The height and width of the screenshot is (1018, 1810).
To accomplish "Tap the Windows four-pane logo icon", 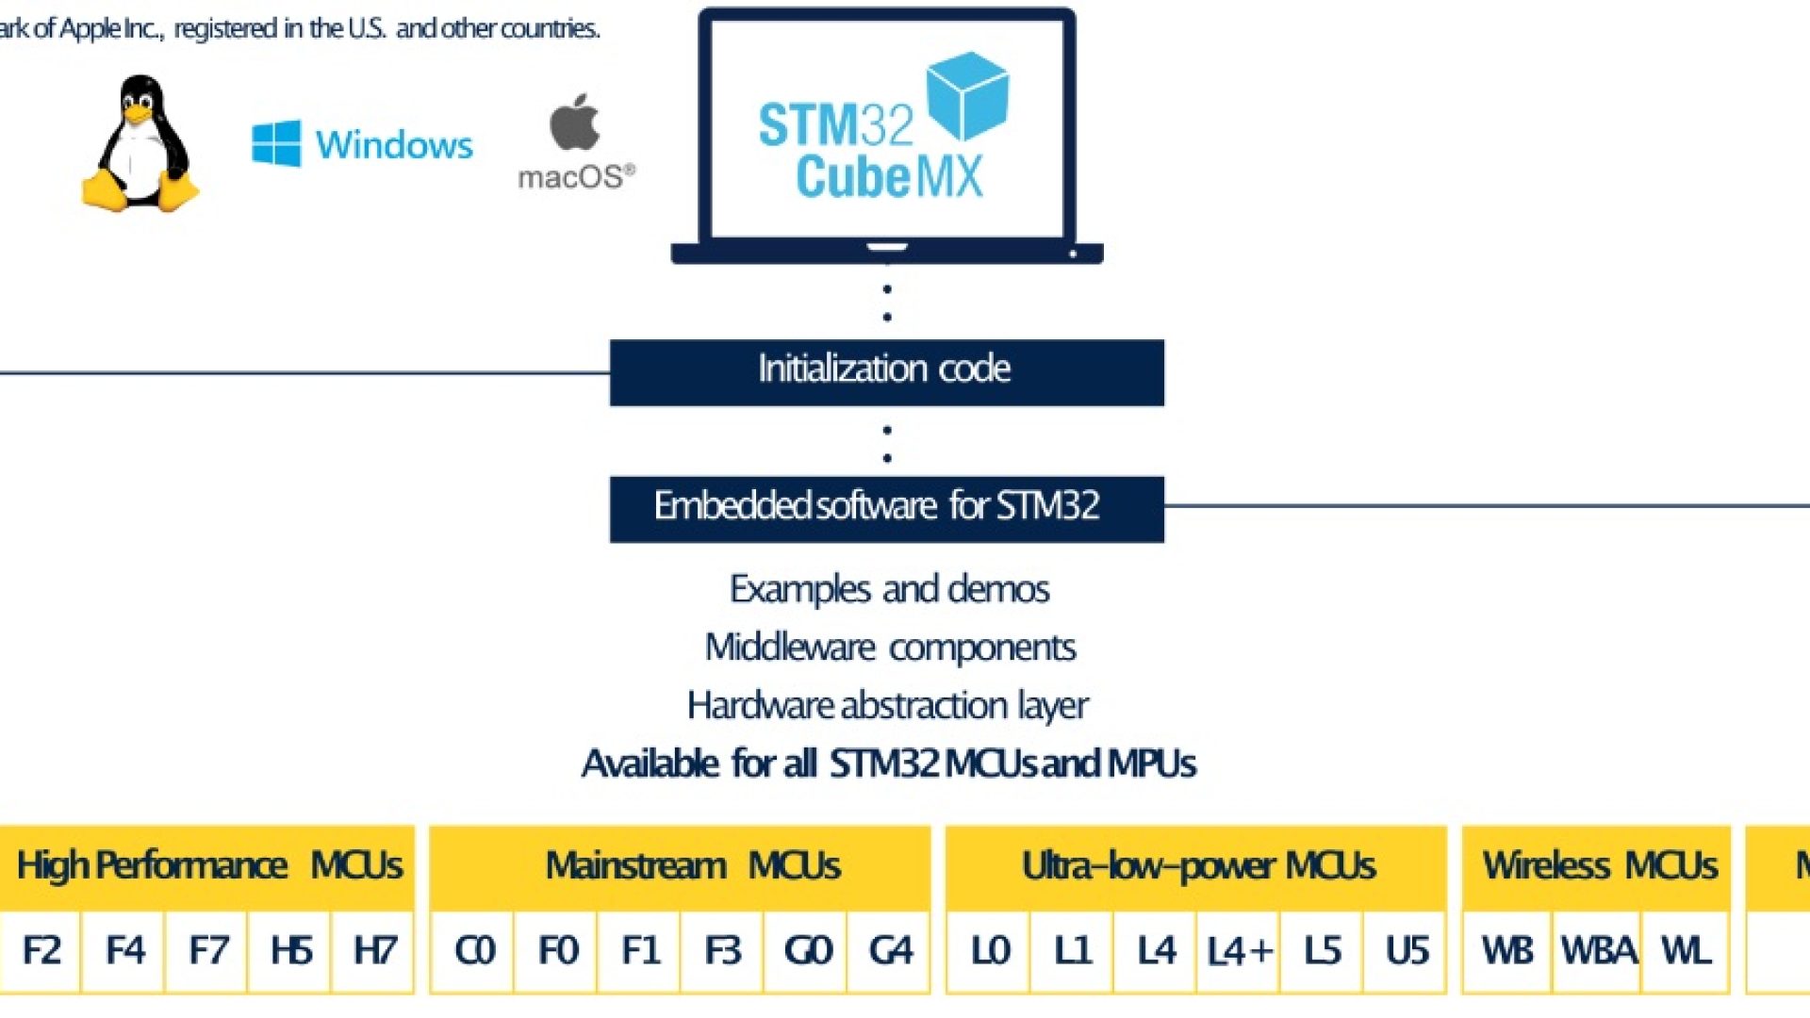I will click(x=276, y=143).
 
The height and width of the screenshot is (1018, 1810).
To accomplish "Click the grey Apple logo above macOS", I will click(x=574, y=123).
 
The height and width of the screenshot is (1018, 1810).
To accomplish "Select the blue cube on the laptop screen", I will click(x=967, y=95).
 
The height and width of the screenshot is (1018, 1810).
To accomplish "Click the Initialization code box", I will click(x=886, y=372).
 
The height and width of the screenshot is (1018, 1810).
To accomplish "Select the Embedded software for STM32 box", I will click(x=886, y=509).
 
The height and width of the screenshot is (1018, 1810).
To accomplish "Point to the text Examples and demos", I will click(x=889, y=589).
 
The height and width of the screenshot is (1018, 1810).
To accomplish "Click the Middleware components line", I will click(x=890, y=648).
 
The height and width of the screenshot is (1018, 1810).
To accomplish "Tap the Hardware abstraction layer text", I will click(x=887, y=705).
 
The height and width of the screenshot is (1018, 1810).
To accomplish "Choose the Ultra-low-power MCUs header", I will click(x=1196, y=865).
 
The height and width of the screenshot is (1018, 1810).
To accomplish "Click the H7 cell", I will click(x=373, y=950).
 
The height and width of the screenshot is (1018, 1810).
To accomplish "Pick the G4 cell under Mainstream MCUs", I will click(x=890, y=950).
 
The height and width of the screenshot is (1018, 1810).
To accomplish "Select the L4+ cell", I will click(x=1239, y=950).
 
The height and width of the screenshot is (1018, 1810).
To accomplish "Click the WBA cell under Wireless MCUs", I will click(x=1597, y=950).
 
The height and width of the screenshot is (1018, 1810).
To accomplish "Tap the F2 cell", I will click(x=41, y=950).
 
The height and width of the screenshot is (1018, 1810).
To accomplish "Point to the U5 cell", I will click(x=1406, y=950).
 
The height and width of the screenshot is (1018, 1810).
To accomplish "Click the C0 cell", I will click(x=473, y=950).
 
